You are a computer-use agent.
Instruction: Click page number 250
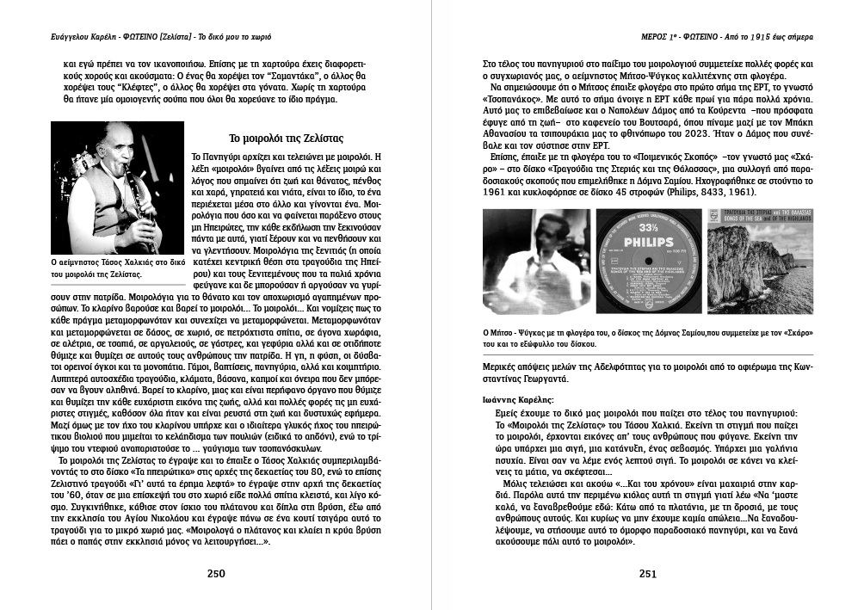click(216, 575)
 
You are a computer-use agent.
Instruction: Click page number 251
click(647, 575)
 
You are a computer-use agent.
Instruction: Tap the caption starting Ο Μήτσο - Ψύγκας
click(645, 337)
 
